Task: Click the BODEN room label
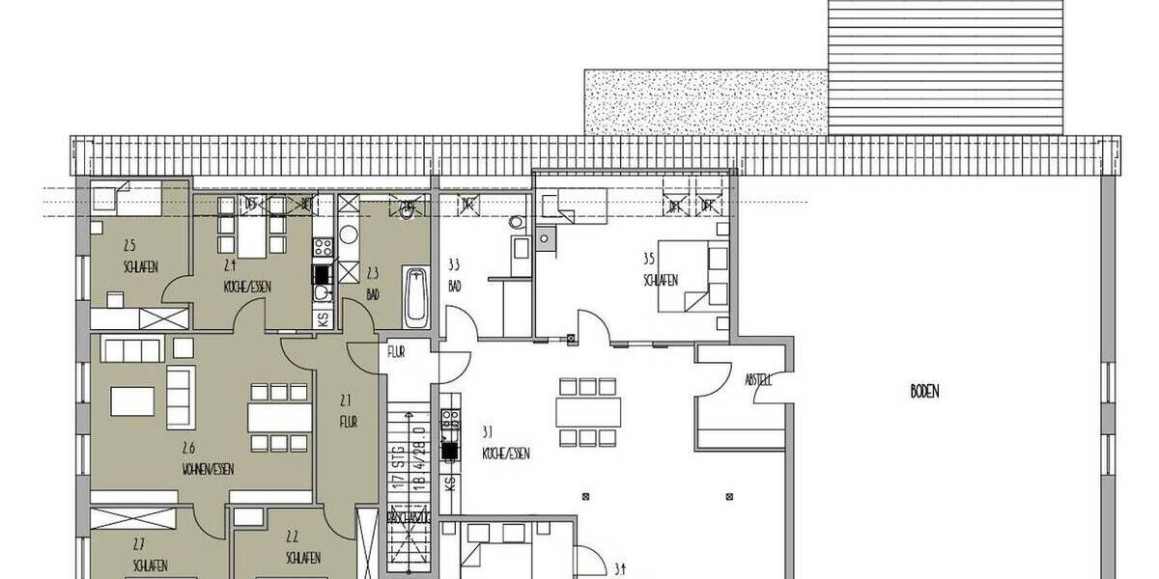click(924, 392)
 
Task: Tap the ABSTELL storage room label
click(758, 380)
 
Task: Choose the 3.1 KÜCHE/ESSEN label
click(504, 442)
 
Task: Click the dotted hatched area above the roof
click(706, 101)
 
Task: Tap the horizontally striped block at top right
click(946, 67)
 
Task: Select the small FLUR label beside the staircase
click(396, 351)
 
